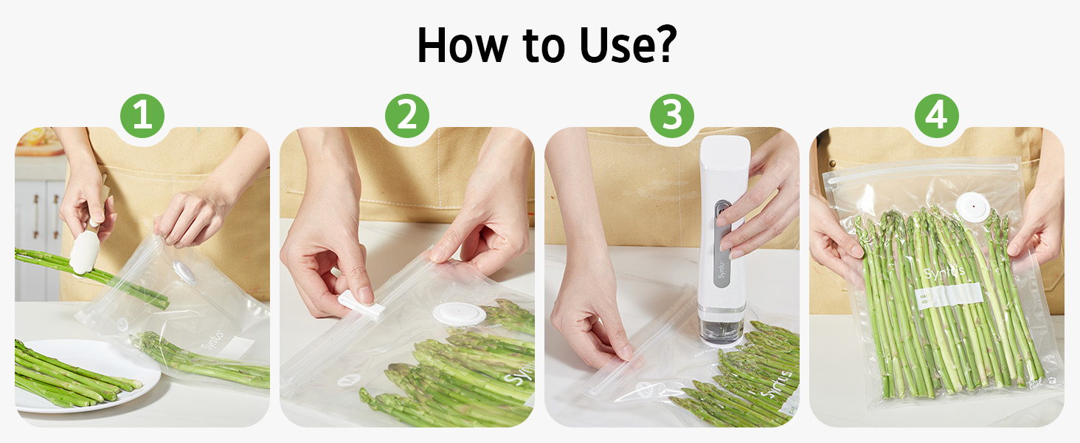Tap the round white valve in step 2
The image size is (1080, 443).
pyautogui.click(x=459, y=313)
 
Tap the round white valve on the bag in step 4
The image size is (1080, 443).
pyautogui.click(x=972, y=203)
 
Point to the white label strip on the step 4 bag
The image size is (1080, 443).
pyautogui.click(x=952, y=294)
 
